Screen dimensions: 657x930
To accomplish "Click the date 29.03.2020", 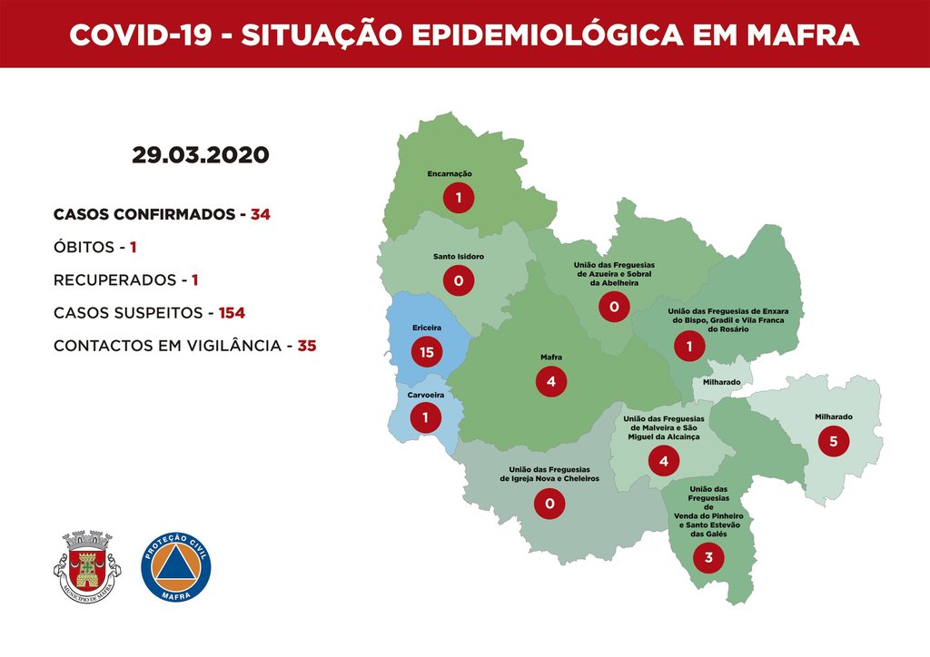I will [200, 154].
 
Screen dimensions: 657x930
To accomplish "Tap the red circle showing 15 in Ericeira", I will [427, 351].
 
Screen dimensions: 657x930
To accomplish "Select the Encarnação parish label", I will [450, 173].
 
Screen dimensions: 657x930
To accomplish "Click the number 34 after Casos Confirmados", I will [261, 215].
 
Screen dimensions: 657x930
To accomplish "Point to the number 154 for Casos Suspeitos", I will [232, 313].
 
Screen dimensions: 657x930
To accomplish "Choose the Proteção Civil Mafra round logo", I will [176, 565].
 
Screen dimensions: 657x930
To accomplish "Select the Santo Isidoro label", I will [458, 257].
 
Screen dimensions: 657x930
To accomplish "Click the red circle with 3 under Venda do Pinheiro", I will [708, 557].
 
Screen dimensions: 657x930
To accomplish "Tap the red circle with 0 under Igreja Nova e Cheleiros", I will [549, 503].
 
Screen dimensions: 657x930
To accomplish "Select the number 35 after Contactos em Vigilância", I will [306, 346].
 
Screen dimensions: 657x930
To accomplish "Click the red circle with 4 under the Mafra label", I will [551, 382].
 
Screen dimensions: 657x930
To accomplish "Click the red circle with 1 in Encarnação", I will [459, 197].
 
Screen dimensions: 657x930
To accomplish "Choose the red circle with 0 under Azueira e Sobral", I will [614, 308].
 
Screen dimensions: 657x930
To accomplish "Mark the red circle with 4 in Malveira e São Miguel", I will [664, 461].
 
